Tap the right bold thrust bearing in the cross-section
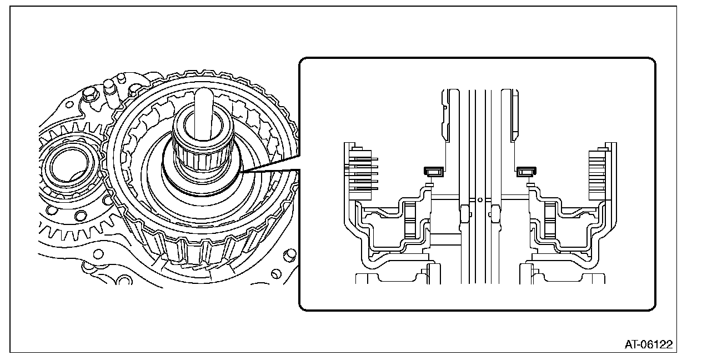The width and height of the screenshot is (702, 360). click(524, 172)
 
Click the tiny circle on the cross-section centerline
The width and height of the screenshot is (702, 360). click(479, 198)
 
